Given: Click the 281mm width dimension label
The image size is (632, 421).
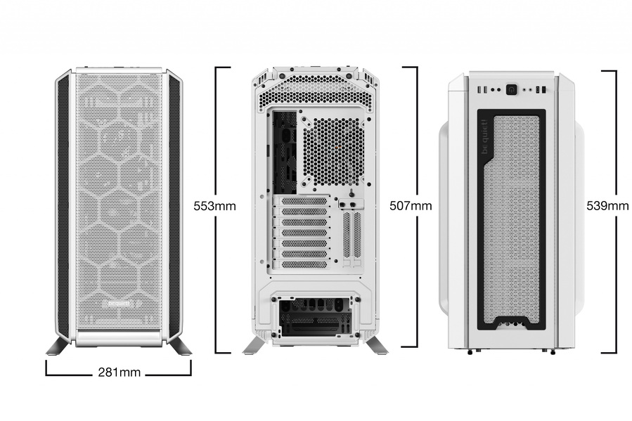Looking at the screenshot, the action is (120, 373).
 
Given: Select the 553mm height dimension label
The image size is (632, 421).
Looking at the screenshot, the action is (215, 206).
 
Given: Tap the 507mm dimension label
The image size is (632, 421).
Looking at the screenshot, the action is (411, 206).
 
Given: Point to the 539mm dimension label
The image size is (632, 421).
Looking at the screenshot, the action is (607, 206).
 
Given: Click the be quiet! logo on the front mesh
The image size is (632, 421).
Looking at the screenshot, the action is (120, 304).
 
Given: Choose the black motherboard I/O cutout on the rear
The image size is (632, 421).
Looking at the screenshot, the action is (285, 153).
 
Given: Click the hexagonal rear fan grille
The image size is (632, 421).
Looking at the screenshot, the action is (333, 152).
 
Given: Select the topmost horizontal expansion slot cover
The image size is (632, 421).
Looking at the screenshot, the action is (304, 201).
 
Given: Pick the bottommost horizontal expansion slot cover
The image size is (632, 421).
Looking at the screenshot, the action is (304, 265).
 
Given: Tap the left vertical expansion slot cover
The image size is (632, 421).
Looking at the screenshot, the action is (347, 235).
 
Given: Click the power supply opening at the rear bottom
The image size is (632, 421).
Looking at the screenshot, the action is (315, 317).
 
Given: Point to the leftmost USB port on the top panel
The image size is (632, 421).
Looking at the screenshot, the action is (479, 89).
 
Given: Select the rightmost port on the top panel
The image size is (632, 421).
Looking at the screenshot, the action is (543, 89).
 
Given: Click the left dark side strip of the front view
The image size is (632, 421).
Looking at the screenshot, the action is (64, 205).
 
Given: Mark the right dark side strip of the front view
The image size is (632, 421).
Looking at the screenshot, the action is (174, 205).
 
